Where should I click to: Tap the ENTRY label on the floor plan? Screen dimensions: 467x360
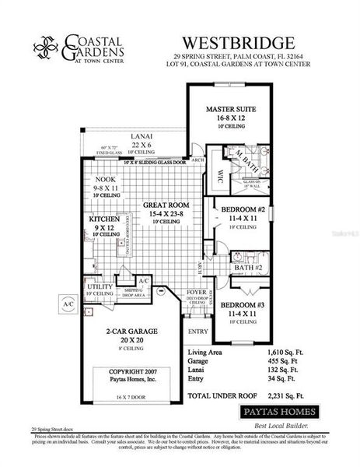click(x=197, y=331)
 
